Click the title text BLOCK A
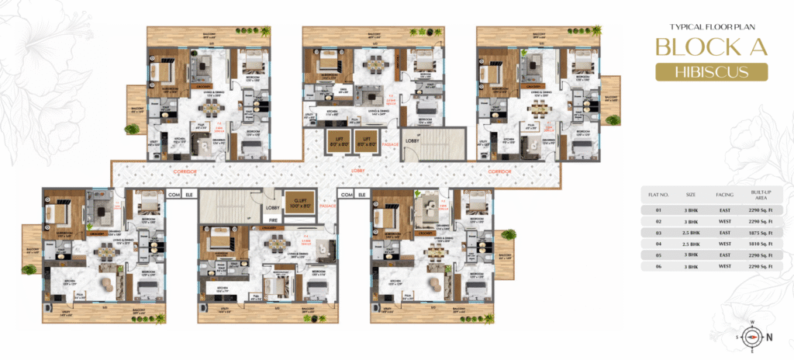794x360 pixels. pos(712,47)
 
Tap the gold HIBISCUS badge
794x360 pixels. pos(712,72)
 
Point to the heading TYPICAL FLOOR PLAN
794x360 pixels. pos(712,26)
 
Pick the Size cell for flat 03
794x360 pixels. pos(690,232)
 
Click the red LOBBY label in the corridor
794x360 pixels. pos(359,169)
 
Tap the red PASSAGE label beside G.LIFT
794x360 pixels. pos(327,207)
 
